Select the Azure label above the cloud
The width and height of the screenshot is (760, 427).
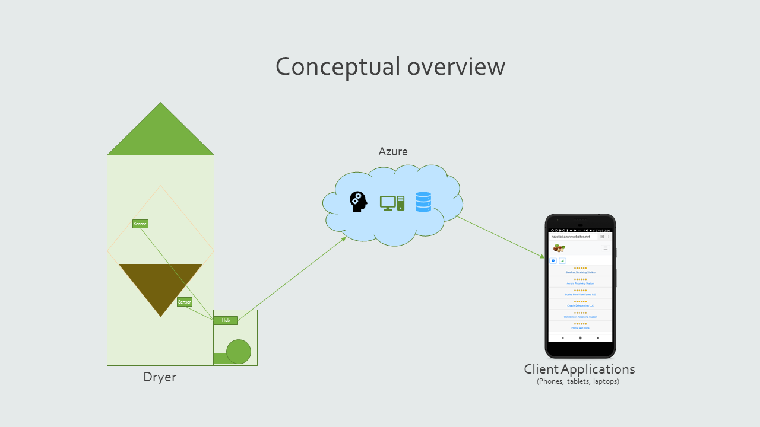coord(393,152)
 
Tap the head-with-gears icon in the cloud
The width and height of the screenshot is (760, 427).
coord(358,202)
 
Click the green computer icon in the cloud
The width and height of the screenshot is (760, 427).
coord(392,203)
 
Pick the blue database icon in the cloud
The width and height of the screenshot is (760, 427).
coord(423,202)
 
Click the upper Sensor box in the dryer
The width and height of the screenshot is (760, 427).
coord(140,224)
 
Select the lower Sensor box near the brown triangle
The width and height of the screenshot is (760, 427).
coord(185,302)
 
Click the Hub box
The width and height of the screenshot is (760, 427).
coord(226,320)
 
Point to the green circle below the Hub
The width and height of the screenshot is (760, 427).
coord(239,352)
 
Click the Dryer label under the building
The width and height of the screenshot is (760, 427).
coord(160,377)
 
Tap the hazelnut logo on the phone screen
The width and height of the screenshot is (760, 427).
coord(559,248)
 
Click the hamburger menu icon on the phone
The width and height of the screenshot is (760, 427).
coord(606,248)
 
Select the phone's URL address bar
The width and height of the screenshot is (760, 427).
coord(574,237)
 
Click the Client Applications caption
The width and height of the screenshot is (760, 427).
coord(579,369)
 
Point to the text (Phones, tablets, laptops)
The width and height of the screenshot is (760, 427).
coord(578,381)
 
